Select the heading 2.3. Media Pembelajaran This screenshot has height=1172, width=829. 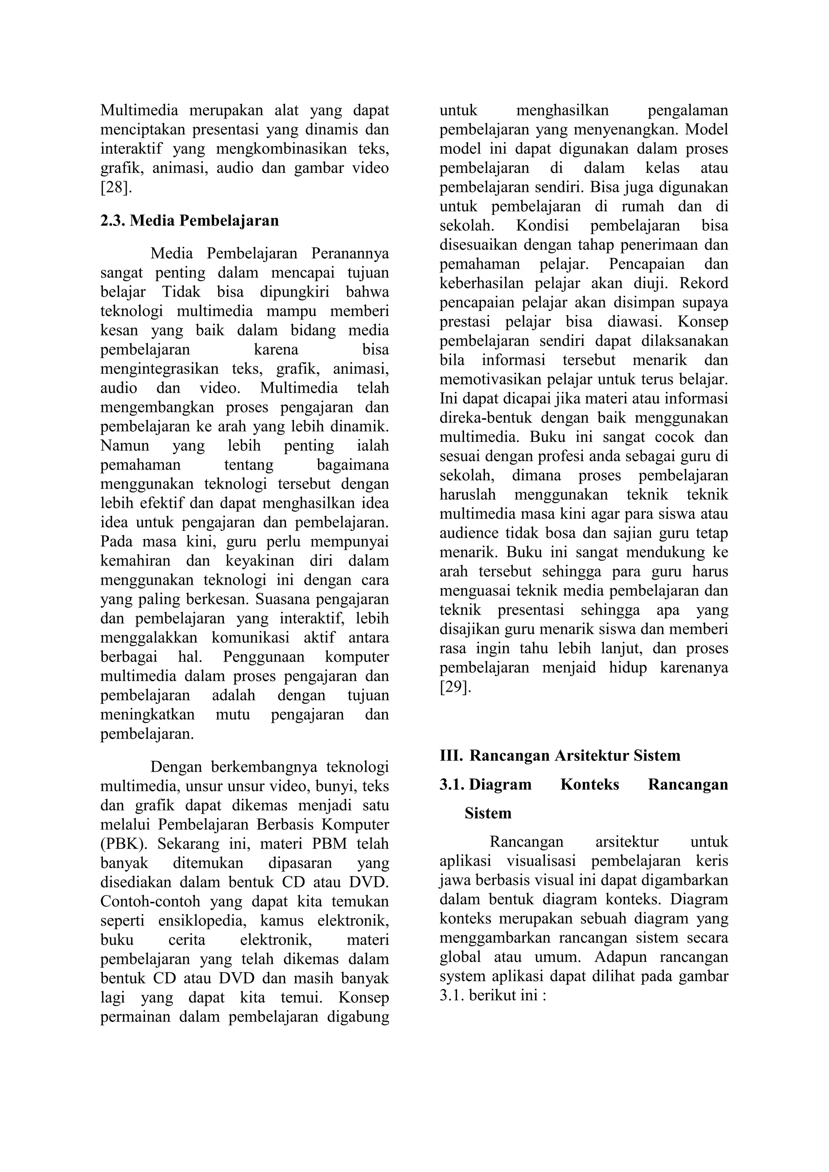click(189, 221)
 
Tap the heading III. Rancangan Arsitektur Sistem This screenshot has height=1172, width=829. click(559, 756)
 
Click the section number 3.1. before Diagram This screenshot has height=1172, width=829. click(452, 785)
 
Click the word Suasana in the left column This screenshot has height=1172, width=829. click(284, 599)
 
